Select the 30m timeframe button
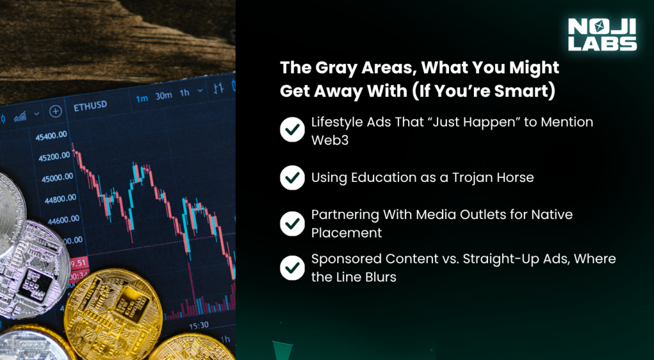(x=164, y=96)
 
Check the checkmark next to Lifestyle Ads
(x=292, y=130)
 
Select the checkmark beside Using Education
(x=292, y=177)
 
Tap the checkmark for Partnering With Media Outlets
(x=292, y=223)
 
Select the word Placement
(x=346, y=233)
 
